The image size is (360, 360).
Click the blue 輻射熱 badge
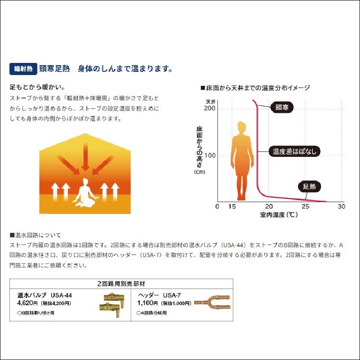23,69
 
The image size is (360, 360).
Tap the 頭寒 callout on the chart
282,107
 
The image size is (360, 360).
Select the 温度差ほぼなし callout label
294,151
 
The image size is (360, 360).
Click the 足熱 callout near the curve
309,187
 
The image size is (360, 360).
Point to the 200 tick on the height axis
209,108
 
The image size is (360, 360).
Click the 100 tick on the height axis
210,156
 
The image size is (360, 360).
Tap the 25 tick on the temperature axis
305,206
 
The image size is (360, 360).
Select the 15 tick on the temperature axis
232,206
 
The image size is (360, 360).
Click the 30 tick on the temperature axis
342,206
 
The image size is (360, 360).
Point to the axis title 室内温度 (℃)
279,215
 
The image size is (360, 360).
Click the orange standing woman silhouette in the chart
242,161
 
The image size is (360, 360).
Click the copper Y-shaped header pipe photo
212,302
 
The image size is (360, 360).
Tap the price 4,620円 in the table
27,303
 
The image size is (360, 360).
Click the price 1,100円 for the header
147,303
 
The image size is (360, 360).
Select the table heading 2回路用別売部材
121,284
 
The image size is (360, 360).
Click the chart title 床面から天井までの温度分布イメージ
255,88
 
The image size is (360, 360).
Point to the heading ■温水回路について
36,235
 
